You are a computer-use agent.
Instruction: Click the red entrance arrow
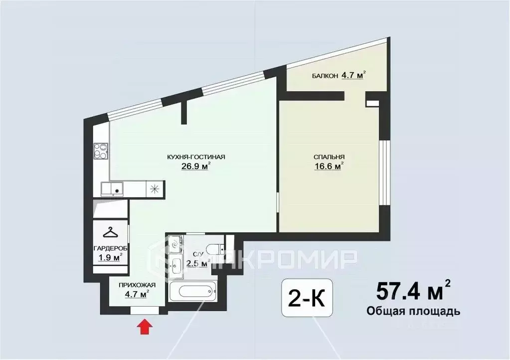tap(145, 327)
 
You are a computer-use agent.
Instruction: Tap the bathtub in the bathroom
tap(193, 292)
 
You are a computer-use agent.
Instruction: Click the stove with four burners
tap(100, 151)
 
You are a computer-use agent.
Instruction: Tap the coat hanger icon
tap(111, 232)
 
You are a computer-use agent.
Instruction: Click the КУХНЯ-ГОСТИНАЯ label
tap(196, 157)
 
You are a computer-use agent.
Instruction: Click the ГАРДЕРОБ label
tap(111, 248)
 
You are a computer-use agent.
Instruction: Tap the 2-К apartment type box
tap(307, 298)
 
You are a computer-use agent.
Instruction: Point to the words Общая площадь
tap(413, 311)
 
